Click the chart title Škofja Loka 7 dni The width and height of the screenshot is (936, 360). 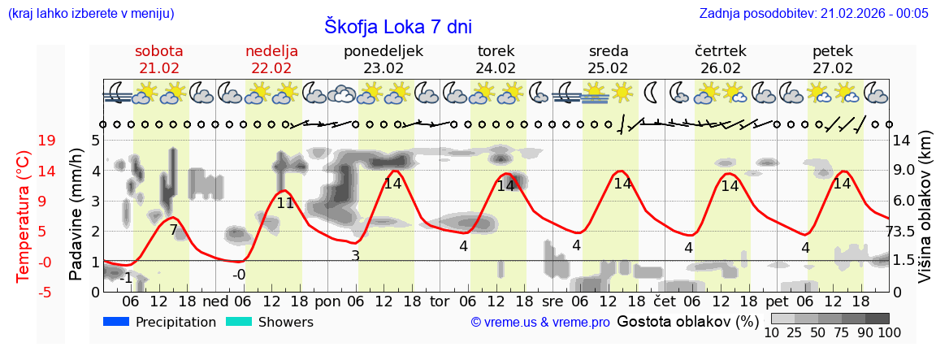(397, 25)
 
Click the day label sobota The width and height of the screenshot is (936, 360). (158, 51)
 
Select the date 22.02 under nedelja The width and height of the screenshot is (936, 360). (271, 68)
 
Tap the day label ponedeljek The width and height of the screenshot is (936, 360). (383, 51)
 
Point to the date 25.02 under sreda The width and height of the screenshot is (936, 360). (609, 68)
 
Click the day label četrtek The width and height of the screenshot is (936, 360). (721, 51)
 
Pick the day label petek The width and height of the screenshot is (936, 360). (833, 51)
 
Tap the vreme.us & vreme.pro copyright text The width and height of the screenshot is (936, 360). (540, 323)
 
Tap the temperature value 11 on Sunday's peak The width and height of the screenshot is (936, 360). (284, 203)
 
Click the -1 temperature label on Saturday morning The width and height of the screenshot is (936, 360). (125, 278)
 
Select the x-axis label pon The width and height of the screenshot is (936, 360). (327, 301)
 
